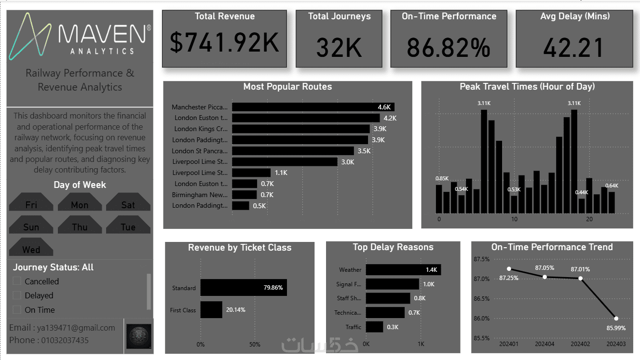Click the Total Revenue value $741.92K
point(224,43)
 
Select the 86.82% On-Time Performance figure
point(449,47)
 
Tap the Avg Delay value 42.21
point(573,47)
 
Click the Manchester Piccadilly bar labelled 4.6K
point(313,107)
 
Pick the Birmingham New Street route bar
point(244,195)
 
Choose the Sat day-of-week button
point(128,204)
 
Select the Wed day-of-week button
point(31,249)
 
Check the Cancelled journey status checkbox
point(17,281)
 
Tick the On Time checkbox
point(17,309)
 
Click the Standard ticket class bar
point(244,288)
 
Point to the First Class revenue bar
point(211,310)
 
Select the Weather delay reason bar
point(403,270)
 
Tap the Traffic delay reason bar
point(374,327)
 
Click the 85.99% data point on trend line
point(616,319)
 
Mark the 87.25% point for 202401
point(509,268)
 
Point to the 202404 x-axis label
point(545,345)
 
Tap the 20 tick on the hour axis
point(589,219)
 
